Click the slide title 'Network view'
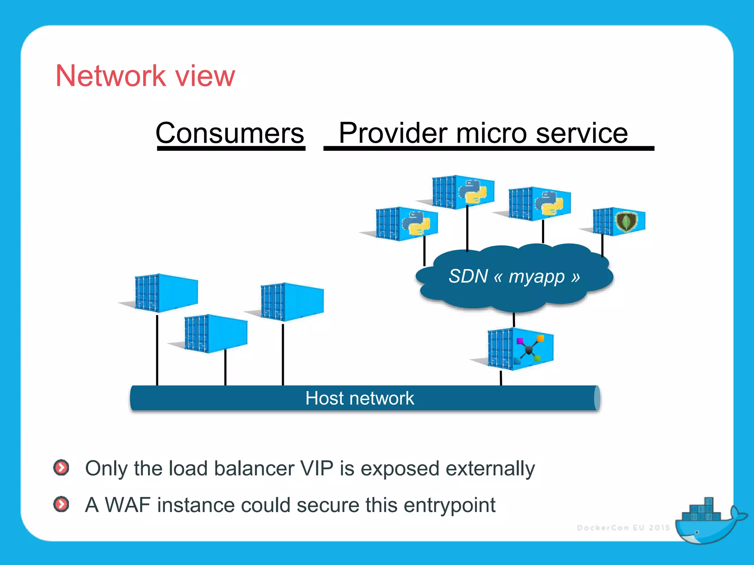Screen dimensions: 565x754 145,76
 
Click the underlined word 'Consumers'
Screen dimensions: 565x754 230,133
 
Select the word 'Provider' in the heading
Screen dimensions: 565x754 392,133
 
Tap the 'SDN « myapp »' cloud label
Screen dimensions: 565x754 514,277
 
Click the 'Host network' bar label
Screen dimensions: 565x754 359,398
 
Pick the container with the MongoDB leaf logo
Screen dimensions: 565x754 620,221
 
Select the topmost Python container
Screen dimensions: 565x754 463,192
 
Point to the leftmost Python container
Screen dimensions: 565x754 406,224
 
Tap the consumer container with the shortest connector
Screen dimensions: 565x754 216,333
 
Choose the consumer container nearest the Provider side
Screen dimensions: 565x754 292,302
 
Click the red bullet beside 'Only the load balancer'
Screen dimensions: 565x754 61,468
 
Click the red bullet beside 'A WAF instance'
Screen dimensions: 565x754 61,504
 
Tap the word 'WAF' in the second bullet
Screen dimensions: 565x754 127,505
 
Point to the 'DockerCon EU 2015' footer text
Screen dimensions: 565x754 623,528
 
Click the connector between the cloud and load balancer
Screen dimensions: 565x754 514,319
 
